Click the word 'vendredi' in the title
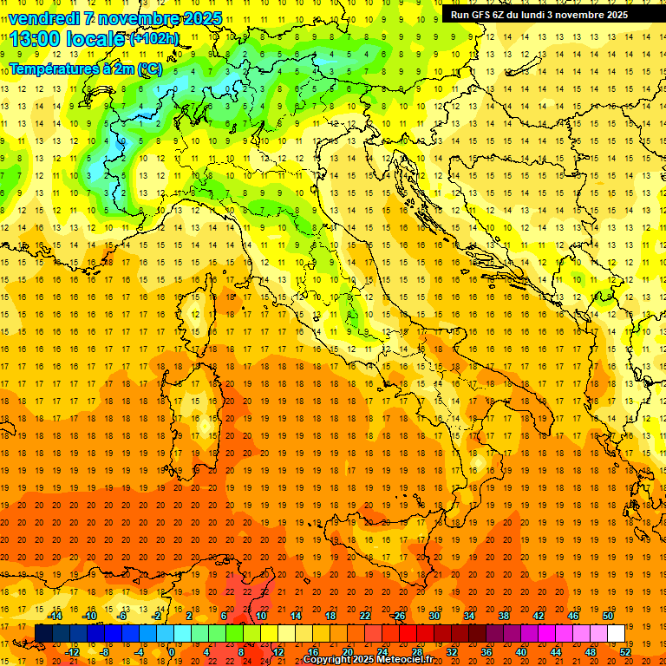(x=44, y=18)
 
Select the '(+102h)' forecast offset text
(x=154, y=38)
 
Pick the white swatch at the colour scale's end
(x=617, y=633)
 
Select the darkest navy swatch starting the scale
(x=43, y=633)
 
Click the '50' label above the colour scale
(x=608, y=615)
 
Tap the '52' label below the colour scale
(x=625, y=651)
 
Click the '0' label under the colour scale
(x=172, y=651)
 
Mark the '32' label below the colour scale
(x=452, y=651)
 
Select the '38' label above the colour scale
(x=504, y=615)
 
